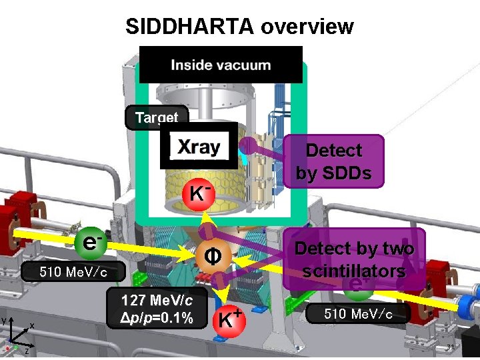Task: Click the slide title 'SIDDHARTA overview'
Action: coord(239,26)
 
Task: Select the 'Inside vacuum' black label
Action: coord(221,65)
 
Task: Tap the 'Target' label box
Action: coord(157,118)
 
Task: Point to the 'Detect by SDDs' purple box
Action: coord(333,162)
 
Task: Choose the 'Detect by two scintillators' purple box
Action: coord(354,259)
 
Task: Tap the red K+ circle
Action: coord(226,319)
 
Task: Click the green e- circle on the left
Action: coord(89,241)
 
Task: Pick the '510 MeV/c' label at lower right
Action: coord(358,313)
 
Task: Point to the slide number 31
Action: coord(450,348)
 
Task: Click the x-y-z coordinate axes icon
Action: coord(17,336)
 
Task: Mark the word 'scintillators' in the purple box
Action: coord(354,271)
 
